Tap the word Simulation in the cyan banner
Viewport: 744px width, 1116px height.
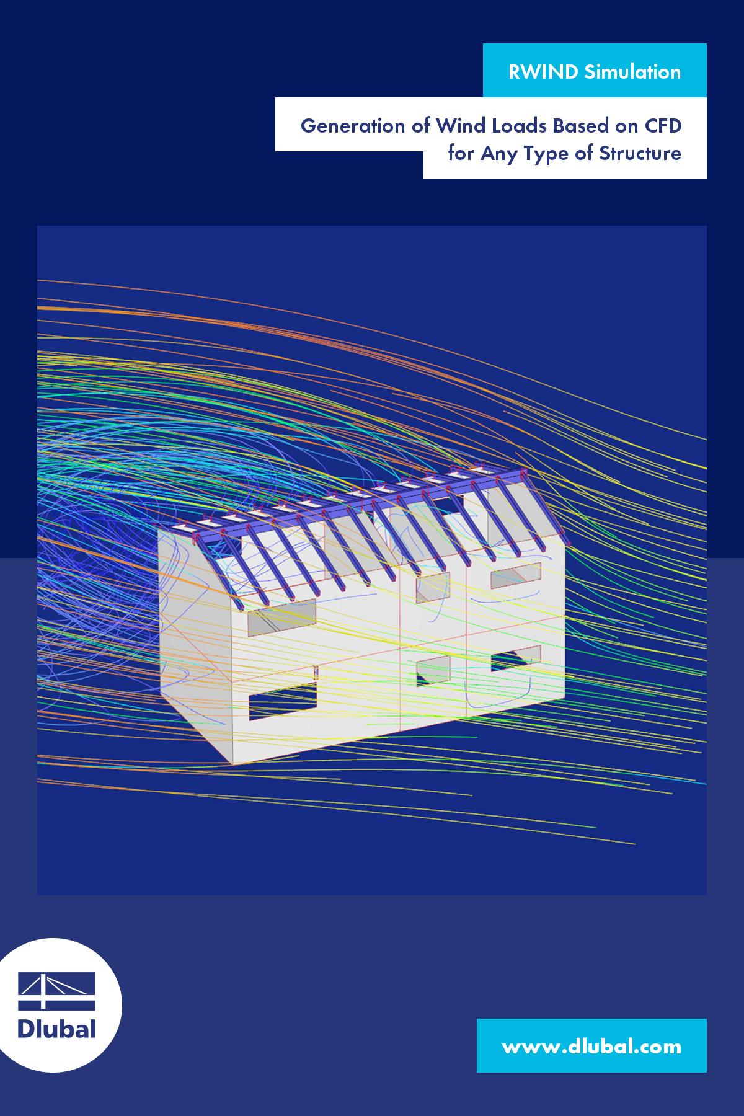[632, 72]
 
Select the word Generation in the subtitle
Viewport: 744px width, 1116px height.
[353, 126]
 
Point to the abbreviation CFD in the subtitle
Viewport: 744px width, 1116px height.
[663, 126]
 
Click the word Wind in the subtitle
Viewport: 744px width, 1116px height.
[460, 126]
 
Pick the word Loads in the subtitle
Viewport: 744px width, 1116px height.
[519, 126]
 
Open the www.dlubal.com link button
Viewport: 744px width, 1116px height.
[591, 1046]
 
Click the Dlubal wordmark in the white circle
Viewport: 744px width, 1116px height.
[56, 1029]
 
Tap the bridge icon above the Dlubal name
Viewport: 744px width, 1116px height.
[56, 991]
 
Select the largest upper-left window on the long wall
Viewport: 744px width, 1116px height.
[281, 618]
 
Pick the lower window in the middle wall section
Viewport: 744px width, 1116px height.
[433, 670]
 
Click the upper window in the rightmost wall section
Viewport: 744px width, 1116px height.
[515, 575]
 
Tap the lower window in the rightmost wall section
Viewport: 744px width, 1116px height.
[515, 658]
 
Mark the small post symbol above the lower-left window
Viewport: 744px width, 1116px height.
[316, 672]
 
